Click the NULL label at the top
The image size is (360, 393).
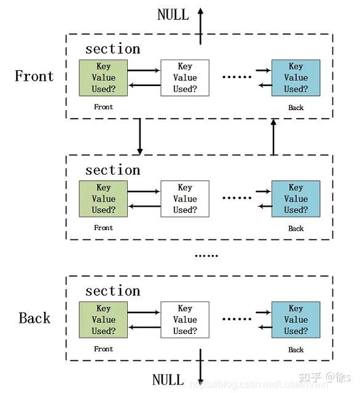(173, 14)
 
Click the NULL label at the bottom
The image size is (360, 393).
(168, 379)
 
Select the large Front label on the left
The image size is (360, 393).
(34, 76)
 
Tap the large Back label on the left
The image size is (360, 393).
(34, 318)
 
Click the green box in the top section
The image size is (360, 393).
(103, 77)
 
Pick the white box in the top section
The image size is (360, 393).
(184, 77)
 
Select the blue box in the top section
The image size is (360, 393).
(295, 77)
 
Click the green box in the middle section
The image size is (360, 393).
(103, 199)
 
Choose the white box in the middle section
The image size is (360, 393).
(184, 199)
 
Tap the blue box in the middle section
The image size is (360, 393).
(295, 199)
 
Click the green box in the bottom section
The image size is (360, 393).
(103, 319)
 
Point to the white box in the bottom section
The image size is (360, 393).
(184, 319)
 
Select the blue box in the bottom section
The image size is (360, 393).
(295, 319)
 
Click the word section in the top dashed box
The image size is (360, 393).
(112, 49)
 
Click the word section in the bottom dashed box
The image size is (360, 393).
(112, 291)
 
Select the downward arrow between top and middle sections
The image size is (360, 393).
(140, 136)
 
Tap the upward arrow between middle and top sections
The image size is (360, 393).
(274, 136)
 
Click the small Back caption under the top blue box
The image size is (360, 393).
(295, 108)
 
